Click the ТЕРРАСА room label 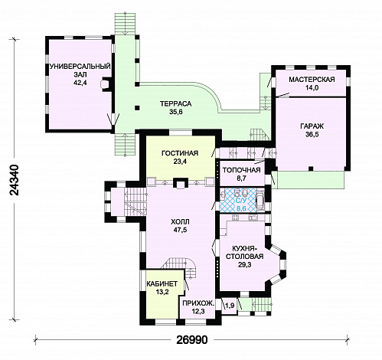coord(175,104)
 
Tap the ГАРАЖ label coord(312,126)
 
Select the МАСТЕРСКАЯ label coord(312,80)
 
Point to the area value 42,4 coord(80,83)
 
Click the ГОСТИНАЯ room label coord(180,153)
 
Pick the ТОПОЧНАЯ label coord(241,170)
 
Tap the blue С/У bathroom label coord(241,201)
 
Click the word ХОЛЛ coord(180,221)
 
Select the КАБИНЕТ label coord(162,283)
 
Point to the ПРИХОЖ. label coord(198,303)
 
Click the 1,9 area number coord(230,306)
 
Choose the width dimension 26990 coord(192,340)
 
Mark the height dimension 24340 coord(15,180)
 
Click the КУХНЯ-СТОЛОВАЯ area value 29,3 coord(245,265)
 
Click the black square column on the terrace coord(137,108)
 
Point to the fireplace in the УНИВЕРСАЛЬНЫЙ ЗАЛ coord(106,83)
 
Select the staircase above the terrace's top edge coord(125,24)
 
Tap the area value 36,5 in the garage coord(312,135)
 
